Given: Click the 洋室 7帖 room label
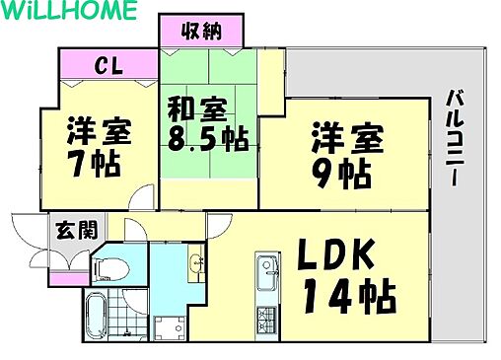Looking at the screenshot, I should click(x=100, y=145).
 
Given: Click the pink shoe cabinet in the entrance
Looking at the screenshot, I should click(x=66, y=278).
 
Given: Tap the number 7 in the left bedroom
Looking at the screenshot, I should click(x=78, y=163).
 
